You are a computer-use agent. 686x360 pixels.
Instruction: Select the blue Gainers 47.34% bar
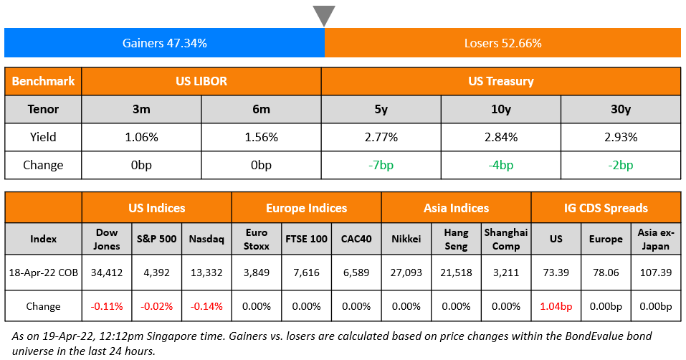[x=164, y=43]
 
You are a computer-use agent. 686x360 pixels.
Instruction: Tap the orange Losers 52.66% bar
[x=502, y=43]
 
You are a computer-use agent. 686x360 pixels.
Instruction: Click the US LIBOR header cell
[x=201, y=81]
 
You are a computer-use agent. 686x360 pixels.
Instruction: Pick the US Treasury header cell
[x=500, y=81]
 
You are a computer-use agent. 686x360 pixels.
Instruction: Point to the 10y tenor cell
[x=500, y=109]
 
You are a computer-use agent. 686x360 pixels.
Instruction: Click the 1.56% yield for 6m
[x=261, y=137]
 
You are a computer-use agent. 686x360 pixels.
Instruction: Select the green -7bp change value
[x=381, y=165]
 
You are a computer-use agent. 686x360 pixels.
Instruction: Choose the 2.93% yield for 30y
[x=620, y=137]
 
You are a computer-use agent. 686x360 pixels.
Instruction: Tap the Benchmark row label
[x=43, y=81]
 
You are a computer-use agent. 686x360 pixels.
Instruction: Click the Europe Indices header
[x=306, y=208]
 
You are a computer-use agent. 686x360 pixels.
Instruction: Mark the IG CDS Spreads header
[x=606, y=208]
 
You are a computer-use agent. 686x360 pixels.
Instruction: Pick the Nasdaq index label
[x=206, y=238]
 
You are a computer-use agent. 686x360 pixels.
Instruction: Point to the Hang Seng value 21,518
[x=456, y=273]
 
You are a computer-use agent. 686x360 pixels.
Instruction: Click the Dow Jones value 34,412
[x=107, y=273]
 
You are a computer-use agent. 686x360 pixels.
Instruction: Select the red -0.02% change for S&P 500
[x=156, y=306]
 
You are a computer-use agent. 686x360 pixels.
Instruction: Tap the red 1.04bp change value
[x=556, y=306]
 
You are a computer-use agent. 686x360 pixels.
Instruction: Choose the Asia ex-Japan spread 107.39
[x=655, y=273]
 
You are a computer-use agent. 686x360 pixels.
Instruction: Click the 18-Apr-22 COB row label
[x=43, y=273]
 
